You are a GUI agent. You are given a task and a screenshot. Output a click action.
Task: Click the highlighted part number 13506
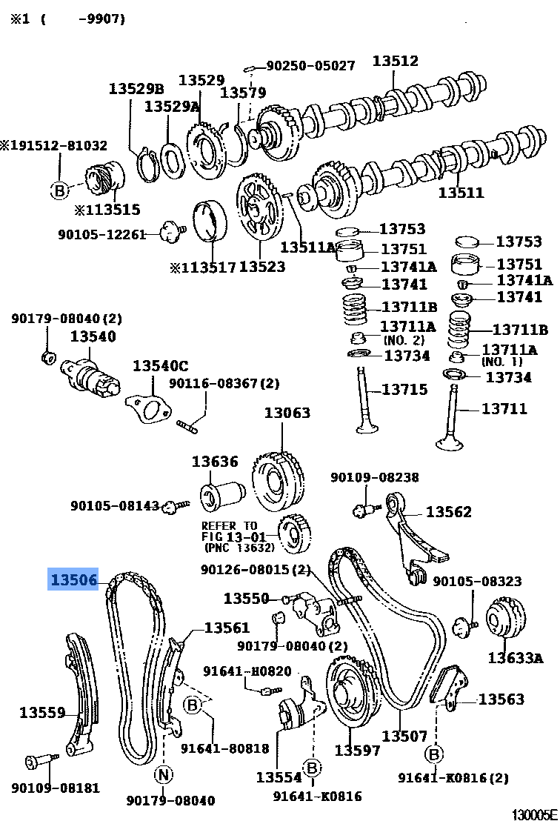coord(73,579)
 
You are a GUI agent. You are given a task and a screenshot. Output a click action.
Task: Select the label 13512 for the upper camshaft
coord(395,62)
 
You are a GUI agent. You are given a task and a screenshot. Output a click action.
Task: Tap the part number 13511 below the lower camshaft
coord(461,193)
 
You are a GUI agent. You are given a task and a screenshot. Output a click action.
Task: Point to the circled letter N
coord(163,775)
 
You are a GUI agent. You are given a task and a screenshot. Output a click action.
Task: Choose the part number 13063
coord(287,413)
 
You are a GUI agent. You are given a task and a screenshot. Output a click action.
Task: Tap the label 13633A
coord(516,657)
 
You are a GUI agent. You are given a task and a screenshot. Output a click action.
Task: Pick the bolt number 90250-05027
coord(310,66)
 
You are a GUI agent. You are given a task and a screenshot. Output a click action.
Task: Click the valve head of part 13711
coord(450,442)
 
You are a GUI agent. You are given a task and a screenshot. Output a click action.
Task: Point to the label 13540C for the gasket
coord(161,365)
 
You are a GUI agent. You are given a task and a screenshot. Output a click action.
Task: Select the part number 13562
coord(448,512)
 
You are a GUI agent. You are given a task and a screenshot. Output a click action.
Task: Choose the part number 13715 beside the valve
coord(404,390)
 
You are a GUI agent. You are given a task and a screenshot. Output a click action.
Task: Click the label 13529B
coord(136,88)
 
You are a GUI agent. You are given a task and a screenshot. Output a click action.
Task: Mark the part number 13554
coord(279,777)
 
